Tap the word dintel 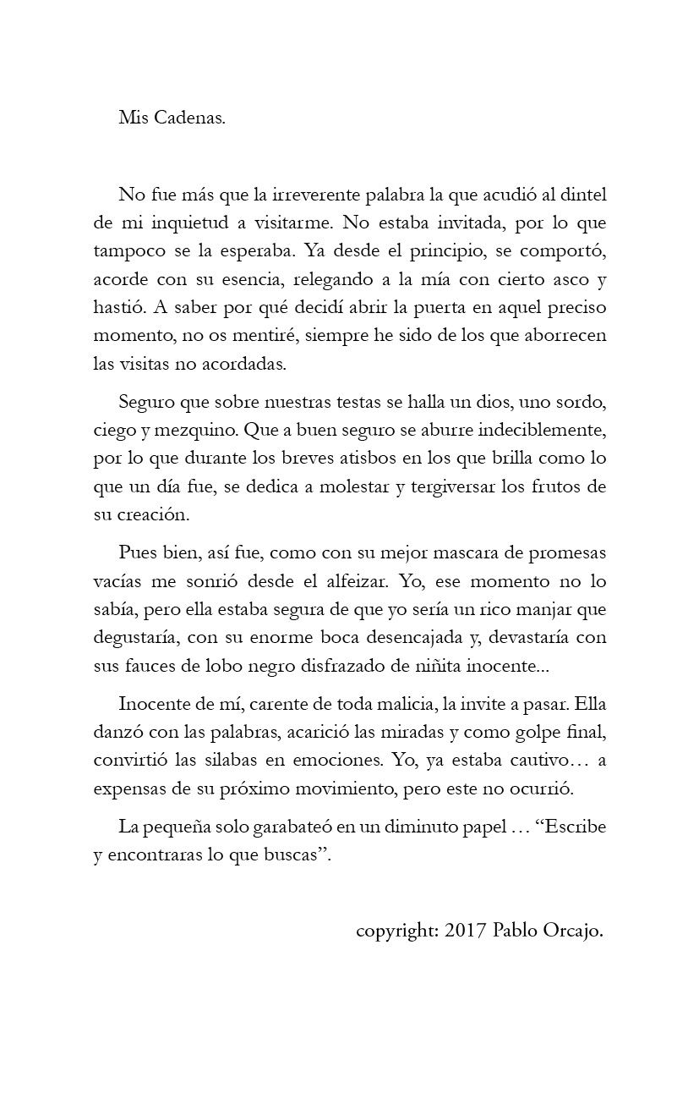[x=583, y=194]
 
